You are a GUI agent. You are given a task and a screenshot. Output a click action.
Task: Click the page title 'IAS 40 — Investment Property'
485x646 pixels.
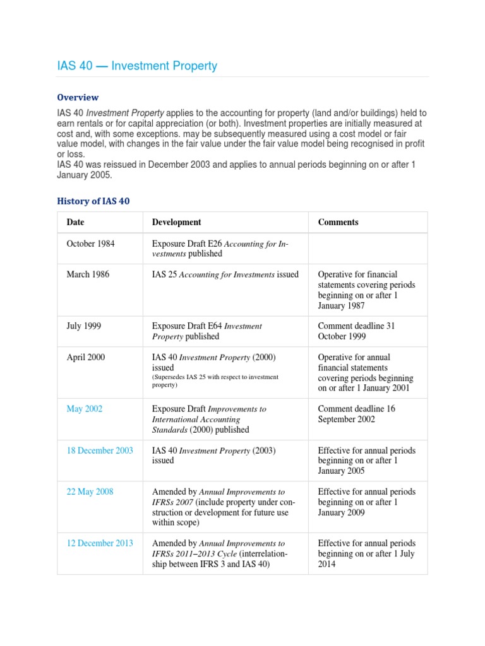click(x=137, y=66)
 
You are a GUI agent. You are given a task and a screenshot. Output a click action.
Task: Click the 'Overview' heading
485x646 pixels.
click(x=78, y=97)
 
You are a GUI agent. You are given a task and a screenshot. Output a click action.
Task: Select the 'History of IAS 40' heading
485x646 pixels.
click(x=93, y=201)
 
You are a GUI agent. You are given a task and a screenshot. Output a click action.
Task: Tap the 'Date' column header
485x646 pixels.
click(x=75, y=222)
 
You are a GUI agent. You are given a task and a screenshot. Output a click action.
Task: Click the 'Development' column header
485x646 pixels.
click(x=176, y=222)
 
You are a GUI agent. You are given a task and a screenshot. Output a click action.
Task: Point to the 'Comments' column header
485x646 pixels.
click(x=338, y=222)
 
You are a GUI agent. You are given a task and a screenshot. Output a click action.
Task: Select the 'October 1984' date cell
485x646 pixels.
click(x=90, y=244)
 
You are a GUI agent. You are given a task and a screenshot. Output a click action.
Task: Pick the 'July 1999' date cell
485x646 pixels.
click(x=83, y=326)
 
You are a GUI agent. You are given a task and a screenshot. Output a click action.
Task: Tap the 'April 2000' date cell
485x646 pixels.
click(x=86, y=357)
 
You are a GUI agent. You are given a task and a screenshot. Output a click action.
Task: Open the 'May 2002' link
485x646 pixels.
click(x=84, y=409)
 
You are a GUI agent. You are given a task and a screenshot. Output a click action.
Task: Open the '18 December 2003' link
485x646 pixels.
click(x=100, y=450)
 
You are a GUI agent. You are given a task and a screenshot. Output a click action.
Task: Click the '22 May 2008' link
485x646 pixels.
click(x=90, y=491)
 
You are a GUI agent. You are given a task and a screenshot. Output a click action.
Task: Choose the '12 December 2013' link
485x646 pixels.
click(x=100, y=543)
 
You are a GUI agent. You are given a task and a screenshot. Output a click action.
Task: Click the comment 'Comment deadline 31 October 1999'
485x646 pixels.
click(x=356, y=331)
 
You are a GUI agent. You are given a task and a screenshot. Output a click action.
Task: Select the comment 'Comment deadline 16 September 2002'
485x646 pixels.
click(x=356, y=414)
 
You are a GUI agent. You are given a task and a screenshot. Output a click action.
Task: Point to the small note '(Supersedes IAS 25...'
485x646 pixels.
click(x=215, y=380)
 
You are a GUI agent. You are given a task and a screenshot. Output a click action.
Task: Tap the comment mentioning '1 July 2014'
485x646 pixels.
click(x=366, y=553)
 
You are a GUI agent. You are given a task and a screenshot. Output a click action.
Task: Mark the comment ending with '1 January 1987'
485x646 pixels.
click(x=366, y=290)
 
